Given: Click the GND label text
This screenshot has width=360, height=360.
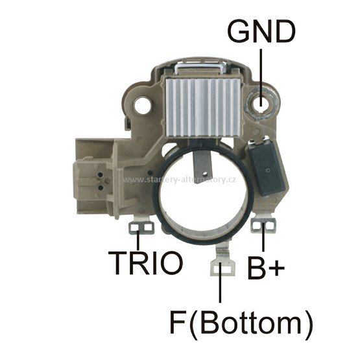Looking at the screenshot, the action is (261, 31).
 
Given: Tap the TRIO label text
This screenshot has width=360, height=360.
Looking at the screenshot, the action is (145, 263).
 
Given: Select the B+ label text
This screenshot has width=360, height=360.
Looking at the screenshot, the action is (266, 268).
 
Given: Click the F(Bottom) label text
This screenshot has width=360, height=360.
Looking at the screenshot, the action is (241, 322).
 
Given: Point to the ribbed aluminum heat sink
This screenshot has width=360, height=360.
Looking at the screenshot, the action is (202, 108).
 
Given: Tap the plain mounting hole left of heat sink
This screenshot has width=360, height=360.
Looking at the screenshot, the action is (144, 106).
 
